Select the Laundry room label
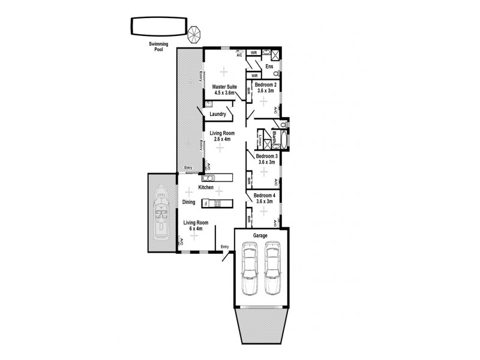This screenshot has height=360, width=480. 217,114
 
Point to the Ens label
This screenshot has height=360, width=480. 269,66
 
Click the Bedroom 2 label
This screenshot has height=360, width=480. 265,85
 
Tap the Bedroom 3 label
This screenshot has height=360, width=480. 265,155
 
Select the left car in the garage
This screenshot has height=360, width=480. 249,268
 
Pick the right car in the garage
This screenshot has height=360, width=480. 273,268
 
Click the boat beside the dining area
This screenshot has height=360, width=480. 161,213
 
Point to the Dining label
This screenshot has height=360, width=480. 189,203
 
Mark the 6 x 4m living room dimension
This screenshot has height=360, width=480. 193,229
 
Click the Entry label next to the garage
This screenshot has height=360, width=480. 224,247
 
